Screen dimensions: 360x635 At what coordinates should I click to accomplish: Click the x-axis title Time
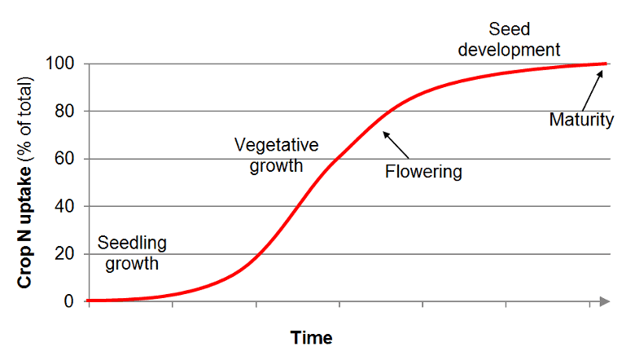[x=312, y=338]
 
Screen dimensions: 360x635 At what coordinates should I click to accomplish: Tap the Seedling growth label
[x=132, y=252]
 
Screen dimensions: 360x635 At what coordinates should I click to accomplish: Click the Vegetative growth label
[x=276, y=156]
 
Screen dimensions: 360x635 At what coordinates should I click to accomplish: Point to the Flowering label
[x=423, y=172]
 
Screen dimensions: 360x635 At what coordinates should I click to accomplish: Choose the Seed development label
[x=509, y=39]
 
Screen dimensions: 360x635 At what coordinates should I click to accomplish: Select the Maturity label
[x=581, y=121]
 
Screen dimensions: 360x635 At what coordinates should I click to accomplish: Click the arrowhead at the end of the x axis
[x=604, y=301]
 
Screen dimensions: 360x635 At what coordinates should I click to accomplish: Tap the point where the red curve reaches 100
[x=604, y=64]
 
